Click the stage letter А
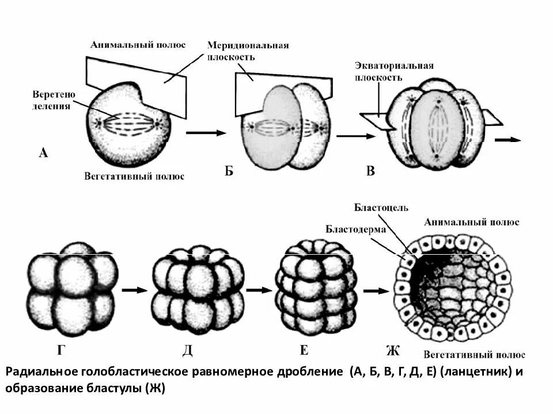(x=43, y=152)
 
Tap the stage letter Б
(x=229, y=170)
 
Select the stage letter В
(x=371, y=170)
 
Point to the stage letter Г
(x=62, y=350)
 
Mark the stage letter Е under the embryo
(x=304, y=350)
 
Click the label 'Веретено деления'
(x=54, y=99)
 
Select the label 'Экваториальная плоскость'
(x=393, y=71)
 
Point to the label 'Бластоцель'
(x=381, y=207)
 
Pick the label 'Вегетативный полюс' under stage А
(x=134, y=176)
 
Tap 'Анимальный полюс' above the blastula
(x=471, y=222)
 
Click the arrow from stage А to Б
(x=206, y=133)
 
